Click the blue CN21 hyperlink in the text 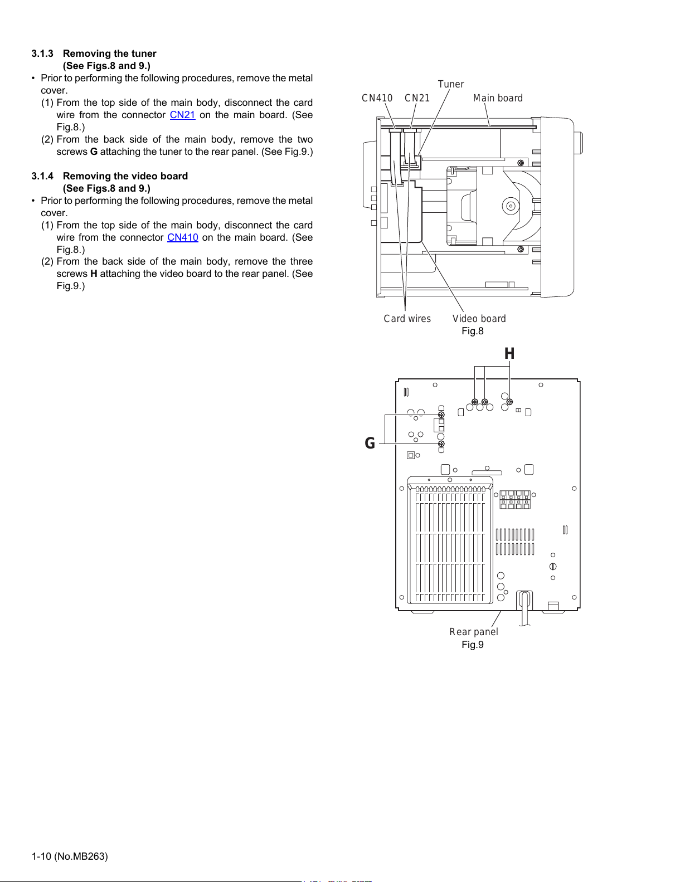point(182,115)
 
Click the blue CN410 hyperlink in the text point(183,237)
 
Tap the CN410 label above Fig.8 point(377,98)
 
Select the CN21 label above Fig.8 point(417,98)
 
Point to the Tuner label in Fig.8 point(451,84)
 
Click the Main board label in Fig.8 point(498,98)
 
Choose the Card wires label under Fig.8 point(407,319)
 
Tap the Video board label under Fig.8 point(479,319)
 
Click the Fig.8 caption point(473,331)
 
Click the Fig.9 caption point(473,645)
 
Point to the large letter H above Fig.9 point(509,354)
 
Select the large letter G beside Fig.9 point(370,443)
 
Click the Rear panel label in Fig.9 point(474,632)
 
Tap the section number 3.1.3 point(42,53)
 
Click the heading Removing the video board point(125,176)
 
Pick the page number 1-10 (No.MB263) point(70,856)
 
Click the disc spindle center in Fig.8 point(511,206)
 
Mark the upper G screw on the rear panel point(441,415)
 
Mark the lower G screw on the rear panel point(441,444)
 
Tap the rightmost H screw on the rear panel point(509,402)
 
